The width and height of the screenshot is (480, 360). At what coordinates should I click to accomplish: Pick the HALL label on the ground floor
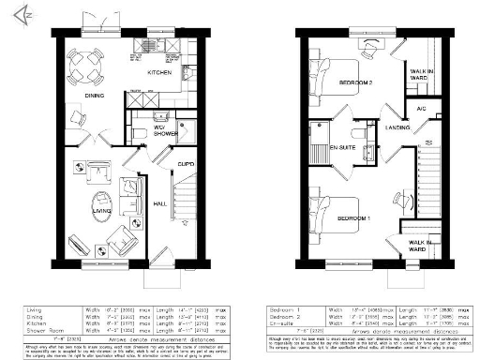[x=159, y=202]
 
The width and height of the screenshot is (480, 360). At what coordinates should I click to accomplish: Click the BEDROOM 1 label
[x=354, y=217]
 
